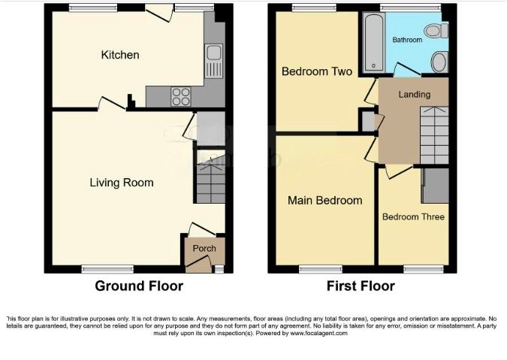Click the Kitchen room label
tap(120, 55)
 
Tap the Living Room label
tap(122, 183)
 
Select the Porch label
tap(204, 249)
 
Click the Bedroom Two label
tap(316, 72)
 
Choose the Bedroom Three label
tap(413, 217)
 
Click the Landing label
tap(414, 95)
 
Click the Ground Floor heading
tap(138, 286)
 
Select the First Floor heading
tap(360, 286)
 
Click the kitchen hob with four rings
tap(182, 95)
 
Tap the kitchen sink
tap(214, 60)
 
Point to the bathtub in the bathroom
tap(371, 44)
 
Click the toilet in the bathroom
tap(435, 31)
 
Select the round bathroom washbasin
tap(439, 60)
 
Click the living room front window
tap(97, 268)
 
